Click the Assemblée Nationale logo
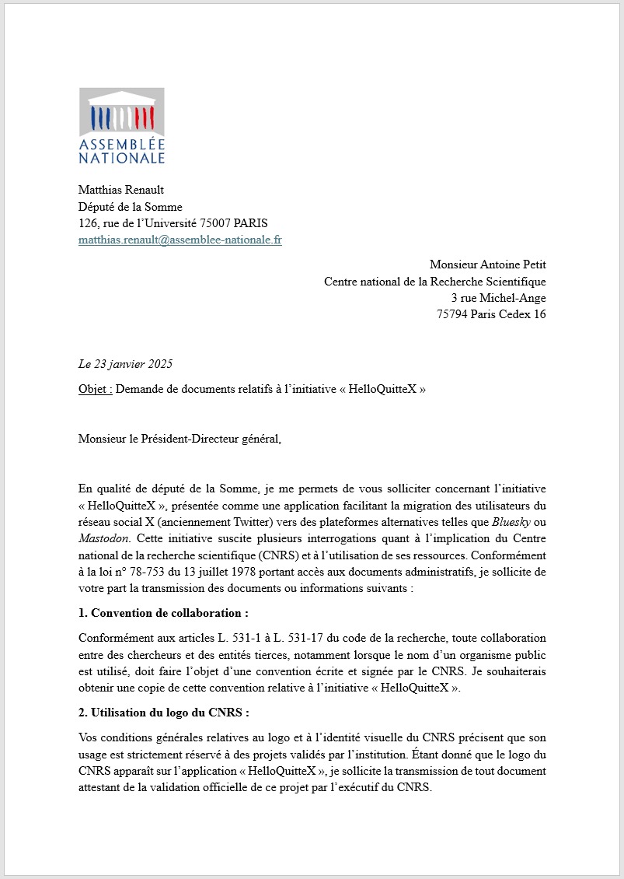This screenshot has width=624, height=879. [x=122, y=126]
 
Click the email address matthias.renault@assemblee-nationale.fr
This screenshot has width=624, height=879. [x=180, y=240]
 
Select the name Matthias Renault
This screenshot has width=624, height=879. [x=121, y=191]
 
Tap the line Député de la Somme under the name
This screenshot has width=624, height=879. [x=130, y=207]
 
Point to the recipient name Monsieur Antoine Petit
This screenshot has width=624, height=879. [x=487, y=265]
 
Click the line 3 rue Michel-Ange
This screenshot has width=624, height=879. [x=498, y=298]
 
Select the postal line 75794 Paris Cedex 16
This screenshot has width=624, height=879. [x=491, y=314]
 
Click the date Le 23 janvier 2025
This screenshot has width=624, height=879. [x=125, y=364]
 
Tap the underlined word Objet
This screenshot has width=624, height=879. [x=95, y=390]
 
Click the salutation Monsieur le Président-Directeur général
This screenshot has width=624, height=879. [x=180, y=439]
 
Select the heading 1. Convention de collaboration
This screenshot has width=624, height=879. [x=163, y=613]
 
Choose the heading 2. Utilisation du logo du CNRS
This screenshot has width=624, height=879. [x=163, y=713]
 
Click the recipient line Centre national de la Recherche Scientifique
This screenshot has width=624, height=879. [x=434, y=282]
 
